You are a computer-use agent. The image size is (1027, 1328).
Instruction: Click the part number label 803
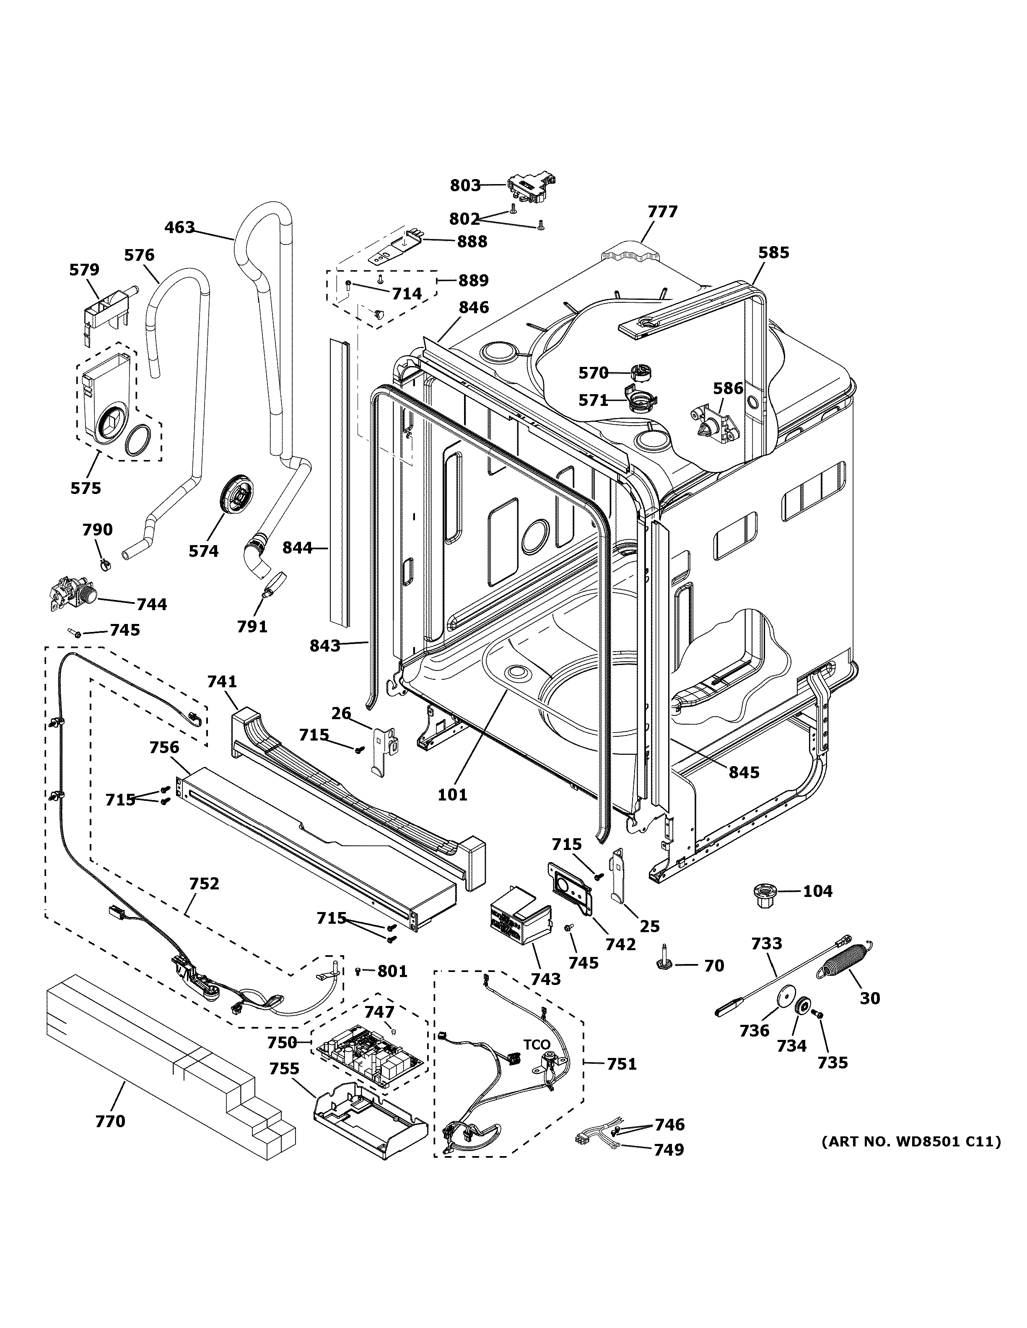pos(465,185)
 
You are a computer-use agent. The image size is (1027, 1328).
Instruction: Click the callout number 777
pos(662,212)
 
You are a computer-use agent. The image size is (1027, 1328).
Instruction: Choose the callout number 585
pos(773,252)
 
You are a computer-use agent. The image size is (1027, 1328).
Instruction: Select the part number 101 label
pos(453,794)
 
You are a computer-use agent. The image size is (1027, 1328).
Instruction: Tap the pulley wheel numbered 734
pos(804,1008)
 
